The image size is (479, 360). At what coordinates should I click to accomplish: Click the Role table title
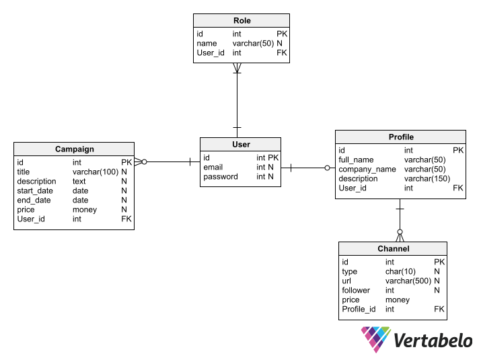pyautogui.click(x=242, y=20)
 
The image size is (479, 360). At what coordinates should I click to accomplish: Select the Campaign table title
pyautogui.click(x=74, y=149)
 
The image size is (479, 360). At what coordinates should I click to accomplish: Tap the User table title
pyautogui.click(x=240, y=144)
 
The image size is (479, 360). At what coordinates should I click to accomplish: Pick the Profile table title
pyautogui.click(x=400, y=137)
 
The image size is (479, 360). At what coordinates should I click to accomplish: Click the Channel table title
pyautogui.click(x=393, y=249)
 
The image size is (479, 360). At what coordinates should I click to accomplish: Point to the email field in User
pyautogui.click(x=213, y=167)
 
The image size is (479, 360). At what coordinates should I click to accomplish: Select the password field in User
pyautogui.click(x=221, y=177)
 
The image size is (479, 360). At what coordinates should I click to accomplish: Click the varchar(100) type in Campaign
pyautogui.click(x=95, y=172)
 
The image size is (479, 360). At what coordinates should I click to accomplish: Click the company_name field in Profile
pyautogui.click(x=367, y=170)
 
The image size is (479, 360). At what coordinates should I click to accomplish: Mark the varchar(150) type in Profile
pyautogui.click(x=427, y=179)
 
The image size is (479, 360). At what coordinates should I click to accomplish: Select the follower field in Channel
pyautogui.click(x=356, y=291)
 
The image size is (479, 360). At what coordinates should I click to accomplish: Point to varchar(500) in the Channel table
pyautogui.click(x=408, y=281)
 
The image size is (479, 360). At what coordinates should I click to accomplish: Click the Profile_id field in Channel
pyautogui.click(x=359, y=310)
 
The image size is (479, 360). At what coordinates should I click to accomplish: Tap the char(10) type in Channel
pyautogui.click(x=399, y=272)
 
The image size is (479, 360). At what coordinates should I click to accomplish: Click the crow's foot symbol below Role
pyautogui.click(x=237, y=68)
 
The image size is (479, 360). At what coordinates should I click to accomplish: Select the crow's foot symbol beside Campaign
pyautogui.click(x=140, y=161)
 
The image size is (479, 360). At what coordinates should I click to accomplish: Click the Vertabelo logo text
pyautogui.click(x=432, y=340)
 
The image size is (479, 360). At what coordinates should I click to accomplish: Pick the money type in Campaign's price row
pyautogui.click(x=85, y=210)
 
